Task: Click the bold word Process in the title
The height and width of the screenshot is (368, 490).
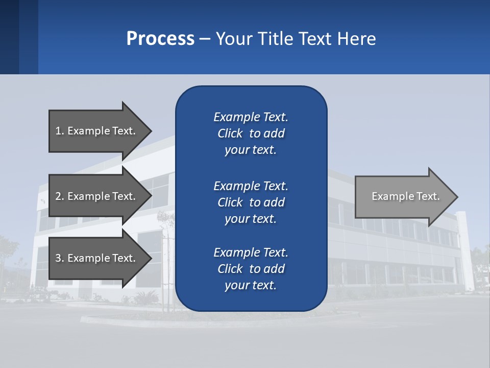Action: (160, 39)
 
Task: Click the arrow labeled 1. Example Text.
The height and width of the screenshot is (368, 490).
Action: (95, 131)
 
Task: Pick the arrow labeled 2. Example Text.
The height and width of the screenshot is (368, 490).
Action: (95, 196)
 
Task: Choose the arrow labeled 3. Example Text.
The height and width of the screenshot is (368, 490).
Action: (95, 258)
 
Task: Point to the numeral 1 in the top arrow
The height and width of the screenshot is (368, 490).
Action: (58, 131)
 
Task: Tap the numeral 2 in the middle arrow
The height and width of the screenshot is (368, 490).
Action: (58, 196)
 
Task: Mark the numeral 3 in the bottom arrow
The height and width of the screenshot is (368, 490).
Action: (58, 258)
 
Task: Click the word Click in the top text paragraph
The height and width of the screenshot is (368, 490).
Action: (230, 133)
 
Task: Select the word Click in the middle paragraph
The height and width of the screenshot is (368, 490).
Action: (230, 202)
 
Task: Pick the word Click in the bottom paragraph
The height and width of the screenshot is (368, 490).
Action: (230, 269)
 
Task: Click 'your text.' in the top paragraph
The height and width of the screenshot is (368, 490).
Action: (250, 150)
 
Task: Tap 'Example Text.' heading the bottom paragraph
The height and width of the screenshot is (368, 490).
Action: (251, 252)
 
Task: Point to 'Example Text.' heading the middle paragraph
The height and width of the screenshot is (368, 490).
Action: (251, 186)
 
